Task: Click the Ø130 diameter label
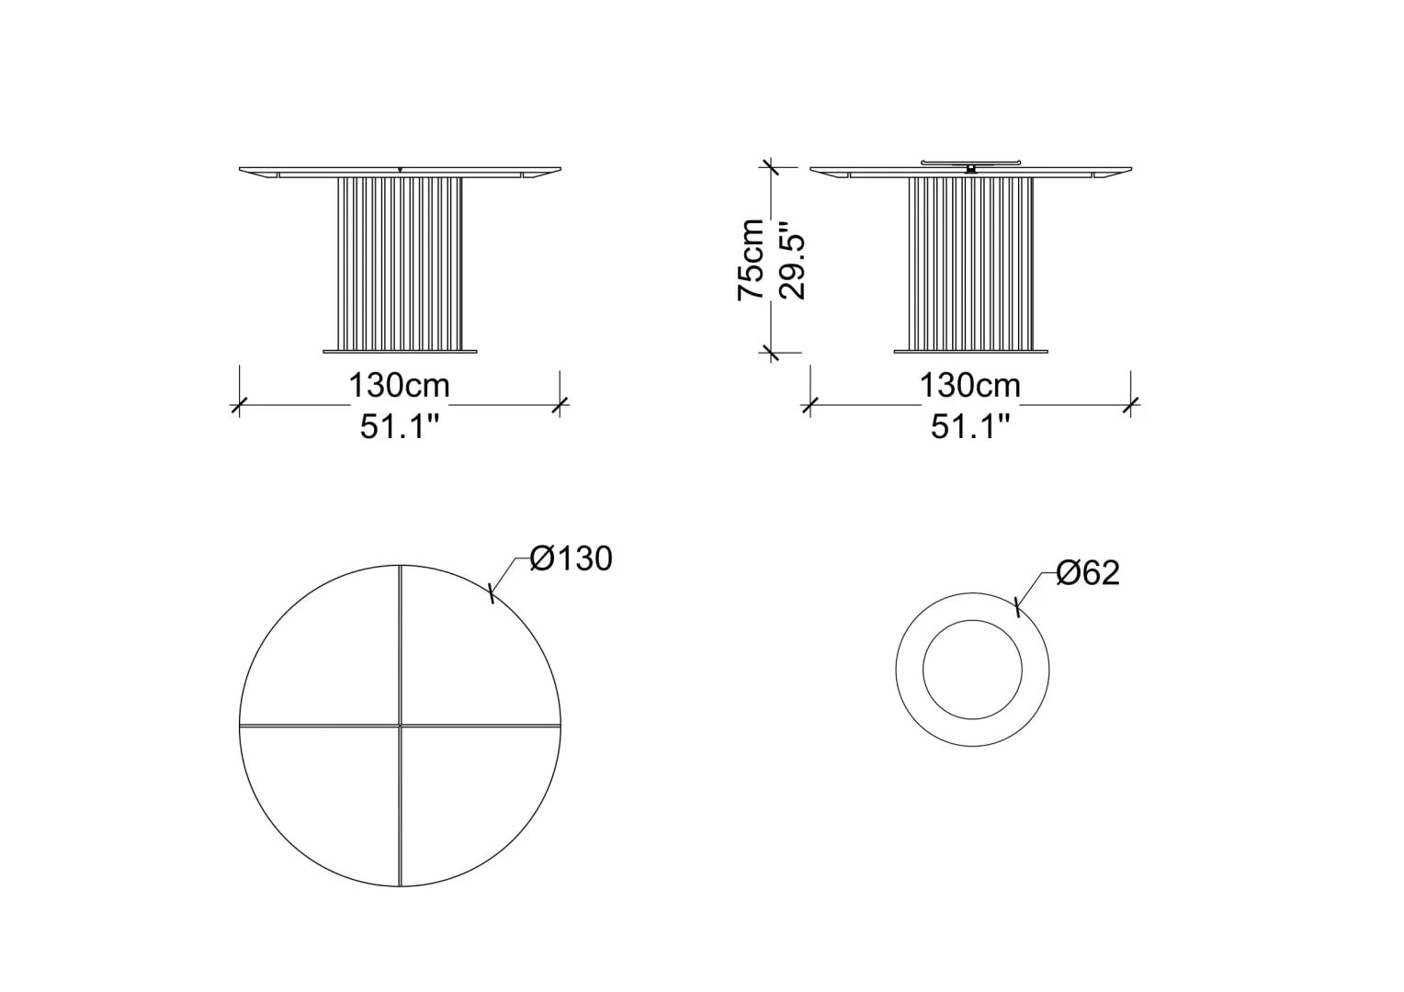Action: point(571,558)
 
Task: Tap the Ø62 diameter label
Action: point(1088,573)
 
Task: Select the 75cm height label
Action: point(751,259)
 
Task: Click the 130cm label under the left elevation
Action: point(400,386)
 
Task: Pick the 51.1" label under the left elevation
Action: point(399,427)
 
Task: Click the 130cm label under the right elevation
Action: point(969,386)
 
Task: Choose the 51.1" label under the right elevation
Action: point(969,427)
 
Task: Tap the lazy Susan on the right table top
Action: point(971,163)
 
